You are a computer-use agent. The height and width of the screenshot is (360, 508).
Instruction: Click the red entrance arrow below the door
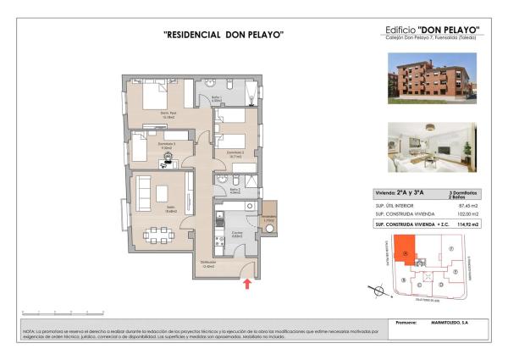pos(247,284)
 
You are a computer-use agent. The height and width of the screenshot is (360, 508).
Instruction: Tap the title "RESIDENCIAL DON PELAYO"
pos(223,35)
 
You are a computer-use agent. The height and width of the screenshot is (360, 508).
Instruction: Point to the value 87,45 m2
pos(468,206)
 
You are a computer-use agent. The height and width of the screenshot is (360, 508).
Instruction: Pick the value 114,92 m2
pos(467,225)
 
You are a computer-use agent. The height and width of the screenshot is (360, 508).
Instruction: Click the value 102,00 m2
pos(467,215)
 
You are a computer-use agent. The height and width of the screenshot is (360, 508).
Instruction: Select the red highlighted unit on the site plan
pos(406,251)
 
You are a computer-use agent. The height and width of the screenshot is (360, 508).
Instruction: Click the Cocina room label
pos(238,234)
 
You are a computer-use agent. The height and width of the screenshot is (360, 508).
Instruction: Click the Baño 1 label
pos(216,99)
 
